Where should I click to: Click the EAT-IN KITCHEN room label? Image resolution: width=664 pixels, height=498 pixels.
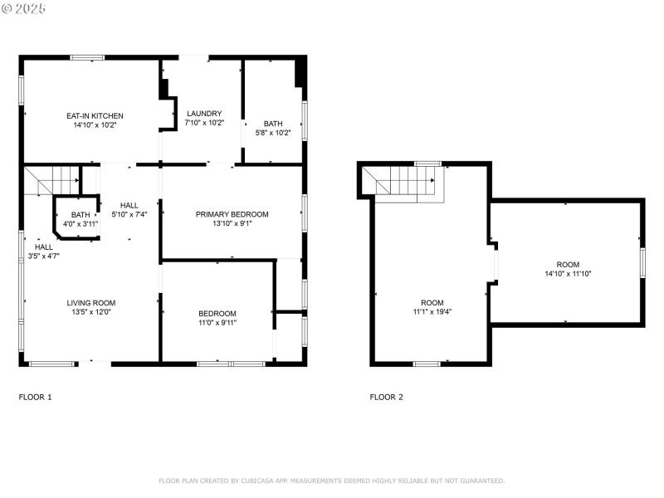coord(95,115)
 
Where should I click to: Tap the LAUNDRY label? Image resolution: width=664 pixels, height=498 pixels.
coord(204,114)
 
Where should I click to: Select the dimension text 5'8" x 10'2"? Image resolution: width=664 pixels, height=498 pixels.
coord(273,133)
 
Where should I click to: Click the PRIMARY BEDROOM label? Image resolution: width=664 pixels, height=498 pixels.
coord(232,214)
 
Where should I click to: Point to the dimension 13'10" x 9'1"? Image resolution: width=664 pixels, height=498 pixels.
coord(232,223)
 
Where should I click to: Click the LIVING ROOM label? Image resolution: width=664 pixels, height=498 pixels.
coord(91,303)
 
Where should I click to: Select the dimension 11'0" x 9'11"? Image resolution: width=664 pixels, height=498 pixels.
coord(217,323)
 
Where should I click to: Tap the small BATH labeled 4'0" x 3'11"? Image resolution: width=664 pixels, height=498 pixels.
coord(81,215)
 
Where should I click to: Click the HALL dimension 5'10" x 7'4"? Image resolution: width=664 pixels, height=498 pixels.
coord(129,215)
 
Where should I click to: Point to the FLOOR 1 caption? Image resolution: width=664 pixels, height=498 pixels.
coord(36,398)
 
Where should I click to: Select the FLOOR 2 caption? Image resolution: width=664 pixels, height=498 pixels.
coord(387,398)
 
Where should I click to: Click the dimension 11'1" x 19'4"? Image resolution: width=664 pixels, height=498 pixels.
coord(432,312)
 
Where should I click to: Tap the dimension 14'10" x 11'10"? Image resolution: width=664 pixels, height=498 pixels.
coord(569,274)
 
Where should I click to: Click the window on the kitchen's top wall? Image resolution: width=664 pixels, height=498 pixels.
coord(87,57)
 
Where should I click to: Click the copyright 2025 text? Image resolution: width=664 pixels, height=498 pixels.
coord(24,7)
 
